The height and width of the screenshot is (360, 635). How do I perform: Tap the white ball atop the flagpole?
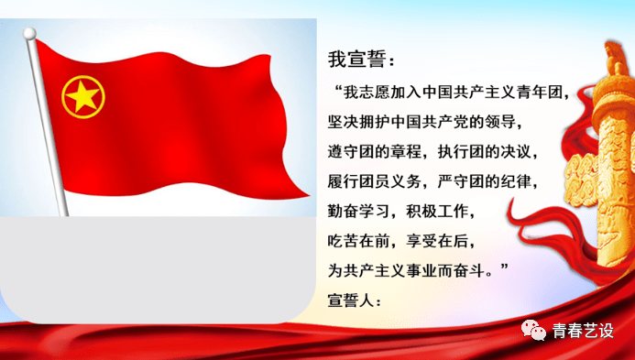(x=29, y=34)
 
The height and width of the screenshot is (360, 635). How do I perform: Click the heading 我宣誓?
(x=362, y=60)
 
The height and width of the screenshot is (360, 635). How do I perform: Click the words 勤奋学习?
(x=360, y=210)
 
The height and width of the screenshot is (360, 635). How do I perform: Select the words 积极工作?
(x=443, y=210)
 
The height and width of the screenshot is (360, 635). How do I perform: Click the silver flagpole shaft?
(x=49, y=128)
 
